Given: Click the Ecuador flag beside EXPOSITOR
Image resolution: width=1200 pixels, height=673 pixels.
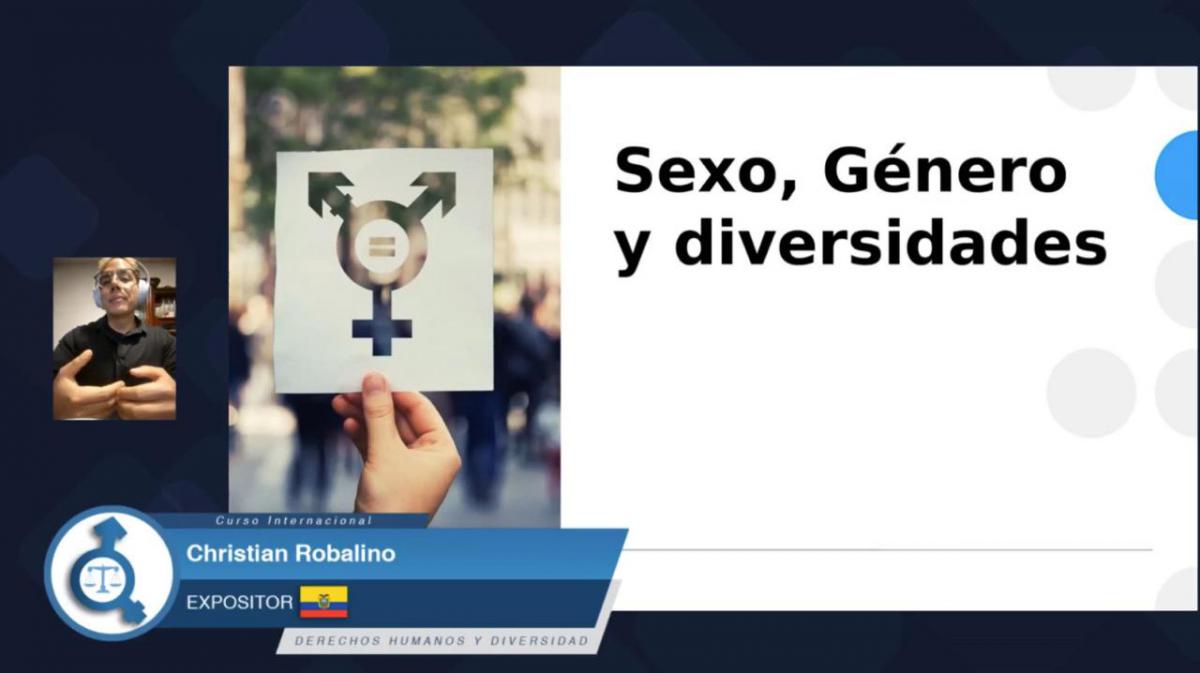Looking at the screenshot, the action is (x=324, y=602).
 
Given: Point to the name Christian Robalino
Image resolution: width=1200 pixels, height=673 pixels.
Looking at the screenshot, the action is (x=291, y=554).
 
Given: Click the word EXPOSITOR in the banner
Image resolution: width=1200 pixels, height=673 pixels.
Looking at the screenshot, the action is (x=239, y=603).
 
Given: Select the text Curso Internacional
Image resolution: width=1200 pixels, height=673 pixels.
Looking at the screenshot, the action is (x=294, y=520).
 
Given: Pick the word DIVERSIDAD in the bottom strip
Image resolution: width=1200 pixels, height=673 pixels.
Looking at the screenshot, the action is (x=539, y=641).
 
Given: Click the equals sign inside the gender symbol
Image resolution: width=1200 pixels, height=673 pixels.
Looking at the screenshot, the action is (x=380, y=246).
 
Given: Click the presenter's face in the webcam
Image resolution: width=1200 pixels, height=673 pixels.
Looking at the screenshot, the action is (x=117, y=287).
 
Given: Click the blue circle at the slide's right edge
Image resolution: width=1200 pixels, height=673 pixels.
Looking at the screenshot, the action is (x=1179, y=175).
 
